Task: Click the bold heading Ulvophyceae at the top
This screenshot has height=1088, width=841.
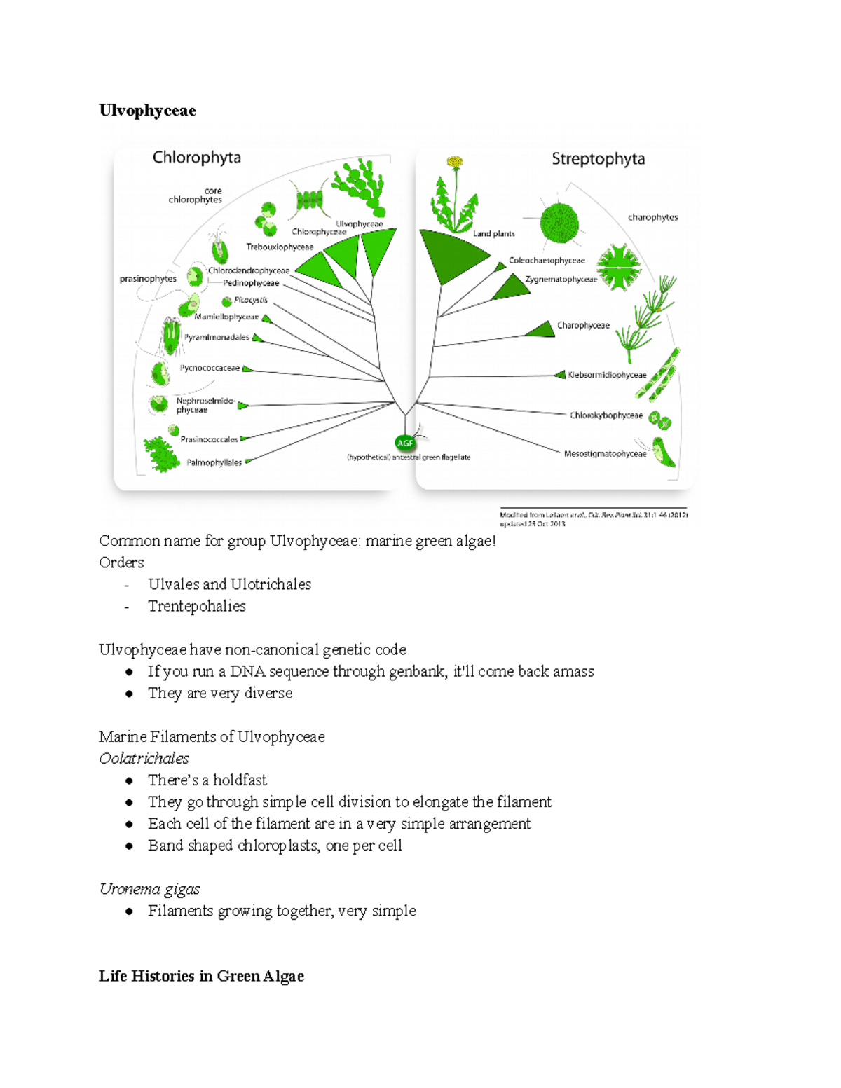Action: coord(147,111)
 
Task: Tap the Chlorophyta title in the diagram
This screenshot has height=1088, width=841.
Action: coord(196,158)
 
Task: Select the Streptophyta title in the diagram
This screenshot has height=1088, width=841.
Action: coord(598,159)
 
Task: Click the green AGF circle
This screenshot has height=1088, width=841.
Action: coord(405,443)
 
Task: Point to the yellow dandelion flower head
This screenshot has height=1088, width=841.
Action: coord(455,163)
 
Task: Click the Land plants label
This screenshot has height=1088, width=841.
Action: coord(493,234)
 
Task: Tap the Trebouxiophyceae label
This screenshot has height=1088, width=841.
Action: coord(279,247)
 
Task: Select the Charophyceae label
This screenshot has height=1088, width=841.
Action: coord(583,325)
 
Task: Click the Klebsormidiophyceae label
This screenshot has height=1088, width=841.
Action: coord(607,375)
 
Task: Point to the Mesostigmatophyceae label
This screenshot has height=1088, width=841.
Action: coord(605,454)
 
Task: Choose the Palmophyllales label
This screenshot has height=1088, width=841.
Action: coord(214,462)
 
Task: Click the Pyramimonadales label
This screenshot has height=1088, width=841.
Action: coord(217,338)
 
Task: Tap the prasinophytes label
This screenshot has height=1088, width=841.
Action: coord(148,279)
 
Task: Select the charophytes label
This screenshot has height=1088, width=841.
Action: coord(652,217)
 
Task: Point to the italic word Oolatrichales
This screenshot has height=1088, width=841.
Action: coord(144,758)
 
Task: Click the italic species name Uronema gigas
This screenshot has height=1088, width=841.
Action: coord(149,889)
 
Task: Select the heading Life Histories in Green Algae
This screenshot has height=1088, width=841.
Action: coord(201,976)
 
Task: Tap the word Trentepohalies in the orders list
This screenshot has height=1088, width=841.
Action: coord(197,606)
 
